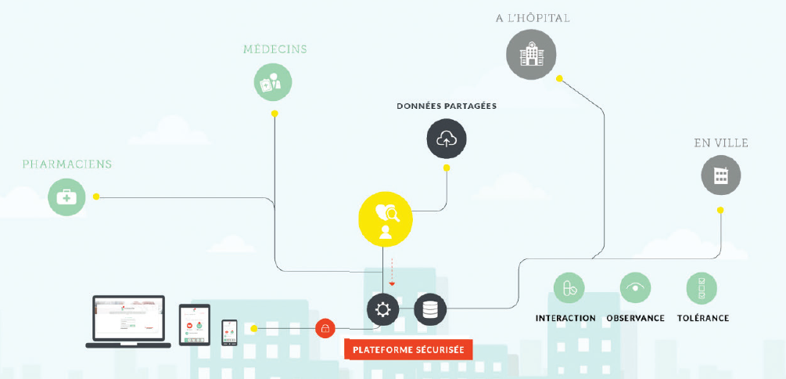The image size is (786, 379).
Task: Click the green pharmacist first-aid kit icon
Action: [67, 197]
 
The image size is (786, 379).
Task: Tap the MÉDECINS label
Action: [275, 49]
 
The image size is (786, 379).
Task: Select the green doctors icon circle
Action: [273, 82]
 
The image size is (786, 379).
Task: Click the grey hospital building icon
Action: [531, 54]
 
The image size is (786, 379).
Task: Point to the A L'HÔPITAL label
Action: [532, 17]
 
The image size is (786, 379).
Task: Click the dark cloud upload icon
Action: [447, 139]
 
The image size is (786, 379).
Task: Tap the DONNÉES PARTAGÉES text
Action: [446, 106]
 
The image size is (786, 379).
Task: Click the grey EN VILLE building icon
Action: [720, 175]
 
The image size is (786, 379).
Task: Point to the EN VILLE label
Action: [721, 143]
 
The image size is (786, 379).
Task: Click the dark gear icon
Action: [382, 309]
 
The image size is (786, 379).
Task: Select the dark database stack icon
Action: [429, 309]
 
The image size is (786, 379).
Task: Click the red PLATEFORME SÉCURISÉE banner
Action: [408, 349]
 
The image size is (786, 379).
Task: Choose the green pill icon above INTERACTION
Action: [569, 288]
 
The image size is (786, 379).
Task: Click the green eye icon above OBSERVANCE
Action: [635, 288]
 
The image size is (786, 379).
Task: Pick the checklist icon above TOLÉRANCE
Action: [702, 288]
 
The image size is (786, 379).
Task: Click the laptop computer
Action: [127, 321]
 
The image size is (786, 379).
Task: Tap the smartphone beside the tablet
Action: [229, 332]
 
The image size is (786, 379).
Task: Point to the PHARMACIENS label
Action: [67, 164]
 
